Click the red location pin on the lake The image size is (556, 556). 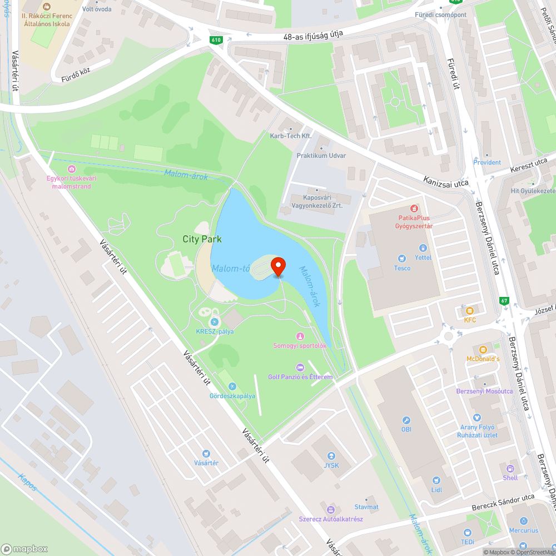[277, 266]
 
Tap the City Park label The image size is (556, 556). [202, 239]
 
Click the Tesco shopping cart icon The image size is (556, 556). [401, 258]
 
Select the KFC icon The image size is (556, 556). [470, 310]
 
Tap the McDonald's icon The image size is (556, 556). [483, 349]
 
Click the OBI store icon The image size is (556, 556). [406, 420]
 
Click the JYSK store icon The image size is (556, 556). [331, 456]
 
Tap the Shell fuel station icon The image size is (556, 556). [510, 468]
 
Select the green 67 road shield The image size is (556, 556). [504, 301]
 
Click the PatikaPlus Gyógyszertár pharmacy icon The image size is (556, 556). [415, 209]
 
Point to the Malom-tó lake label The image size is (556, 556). [230, 269]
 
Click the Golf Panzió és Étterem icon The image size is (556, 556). [300, 367]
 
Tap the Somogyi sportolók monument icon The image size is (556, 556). [300, 336]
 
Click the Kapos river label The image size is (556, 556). [27, 481]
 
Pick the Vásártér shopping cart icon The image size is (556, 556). [206, 454]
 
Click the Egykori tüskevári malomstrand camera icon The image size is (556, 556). [72, 169]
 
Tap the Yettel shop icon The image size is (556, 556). [423, 248]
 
